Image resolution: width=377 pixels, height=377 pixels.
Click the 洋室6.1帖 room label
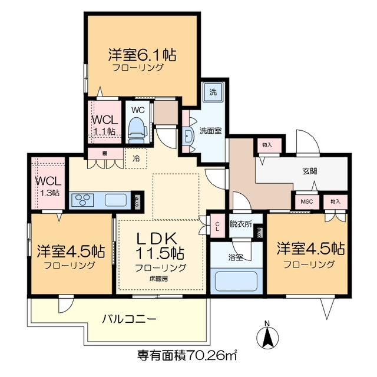(142, 55)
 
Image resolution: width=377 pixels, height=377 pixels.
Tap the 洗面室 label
(210, 131)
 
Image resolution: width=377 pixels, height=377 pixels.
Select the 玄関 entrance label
(310, 171)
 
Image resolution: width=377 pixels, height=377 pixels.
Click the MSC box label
(307, 201)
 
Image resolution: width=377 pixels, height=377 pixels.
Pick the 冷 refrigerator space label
(136, 158)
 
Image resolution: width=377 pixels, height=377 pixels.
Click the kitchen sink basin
(115, 200)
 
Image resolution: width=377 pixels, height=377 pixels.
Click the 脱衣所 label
(240, 224)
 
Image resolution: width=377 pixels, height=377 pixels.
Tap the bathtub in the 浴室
(236, 280)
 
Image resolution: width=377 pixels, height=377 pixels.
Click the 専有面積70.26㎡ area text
(187, 355)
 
